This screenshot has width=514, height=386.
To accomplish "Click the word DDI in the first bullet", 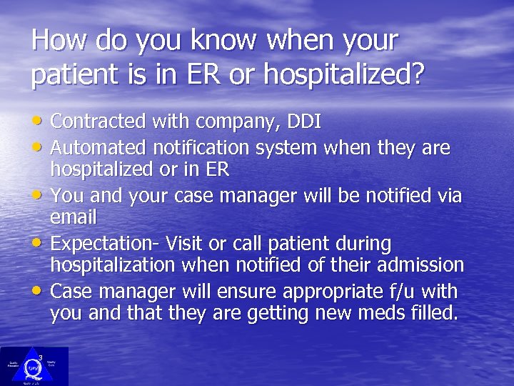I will tap(303, 122).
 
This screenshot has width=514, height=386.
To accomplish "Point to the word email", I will tap(73, 216).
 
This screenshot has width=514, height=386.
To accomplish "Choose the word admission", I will tap(420, 264).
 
